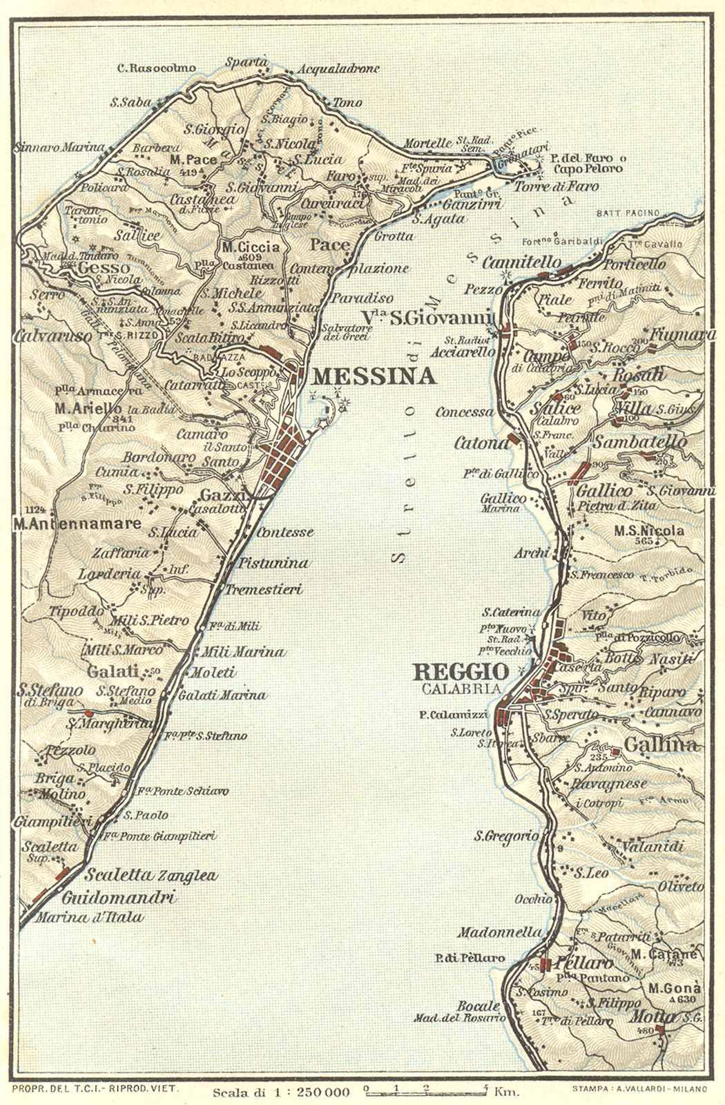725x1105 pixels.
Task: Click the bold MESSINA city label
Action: coord(374,376)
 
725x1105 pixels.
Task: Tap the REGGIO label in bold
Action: coord(460,671)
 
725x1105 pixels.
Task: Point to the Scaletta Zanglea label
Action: coord(151,876)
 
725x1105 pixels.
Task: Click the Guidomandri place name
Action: coord(117,898)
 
